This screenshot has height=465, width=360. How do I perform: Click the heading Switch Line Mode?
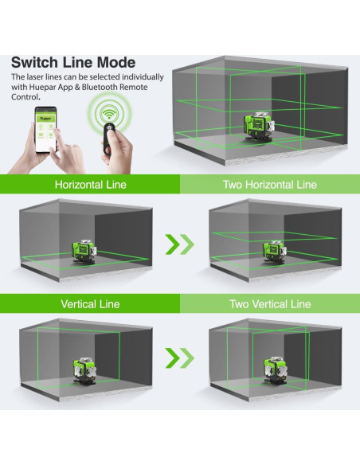tap(73, 62)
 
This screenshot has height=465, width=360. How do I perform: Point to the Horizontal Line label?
tap(90, 185)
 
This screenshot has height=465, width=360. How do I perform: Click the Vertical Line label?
tap(90, 304)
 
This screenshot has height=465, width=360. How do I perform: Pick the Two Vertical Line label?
tap(270, 304)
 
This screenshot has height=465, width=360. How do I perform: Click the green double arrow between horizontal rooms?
tap(180, 244)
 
